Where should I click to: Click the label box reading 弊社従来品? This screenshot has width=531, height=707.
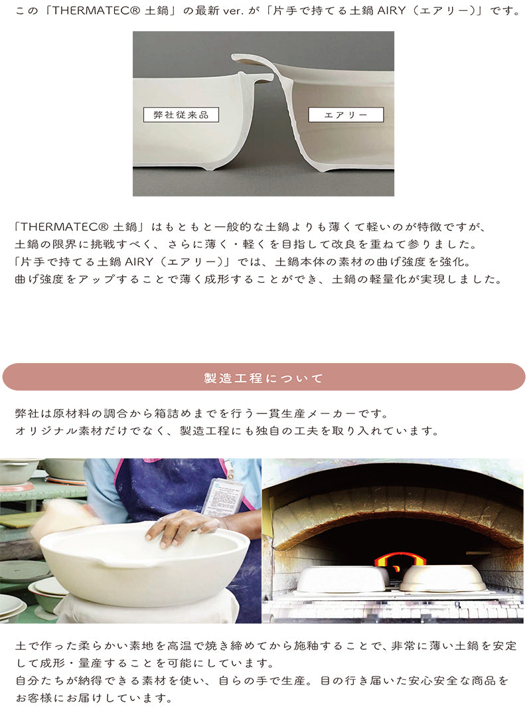coord(181,115)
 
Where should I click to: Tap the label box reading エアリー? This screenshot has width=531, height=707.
coord(346,115)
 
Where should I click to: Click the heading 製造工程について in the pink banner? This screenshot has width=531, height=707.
coord(264,378)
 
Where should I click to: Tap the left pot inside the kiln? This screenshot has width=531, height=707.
coord(342,579)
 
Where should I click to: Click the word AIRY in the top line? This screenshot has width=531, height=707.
coord(391,11)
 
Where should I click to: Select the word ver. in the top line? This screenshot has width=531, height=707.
coord(232,11)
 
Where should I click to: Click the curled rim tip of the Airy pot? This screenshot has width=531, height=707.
coord(236,57)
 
